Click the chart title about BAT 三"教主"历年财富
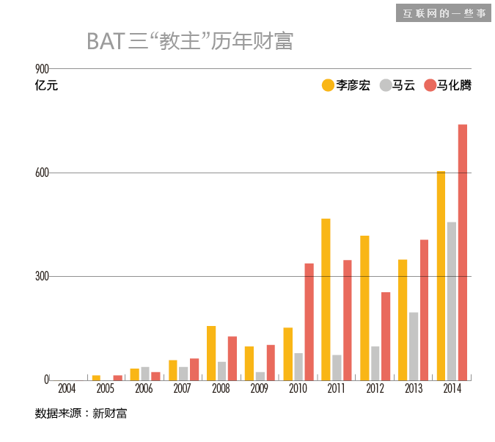pos(190,40)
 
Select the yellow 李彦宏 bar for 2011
pos(326,299)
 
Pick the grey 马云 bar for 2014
pos(452,300)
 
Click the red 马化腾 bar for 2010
pos(309,321)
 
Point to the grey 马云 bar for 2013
pos(414,346)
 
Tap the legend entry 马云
pos(397,85)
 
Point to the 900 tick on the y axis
pos(42,69)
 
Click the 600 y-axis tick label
pos(42,173)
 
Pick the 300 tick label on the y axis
pos(42,277)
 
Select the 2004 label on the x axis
pos(67,388)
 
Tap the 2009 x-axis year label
pos(259,388)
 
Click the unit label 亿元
pos(45,85)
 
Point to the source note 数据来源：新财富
pos(81,413)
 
